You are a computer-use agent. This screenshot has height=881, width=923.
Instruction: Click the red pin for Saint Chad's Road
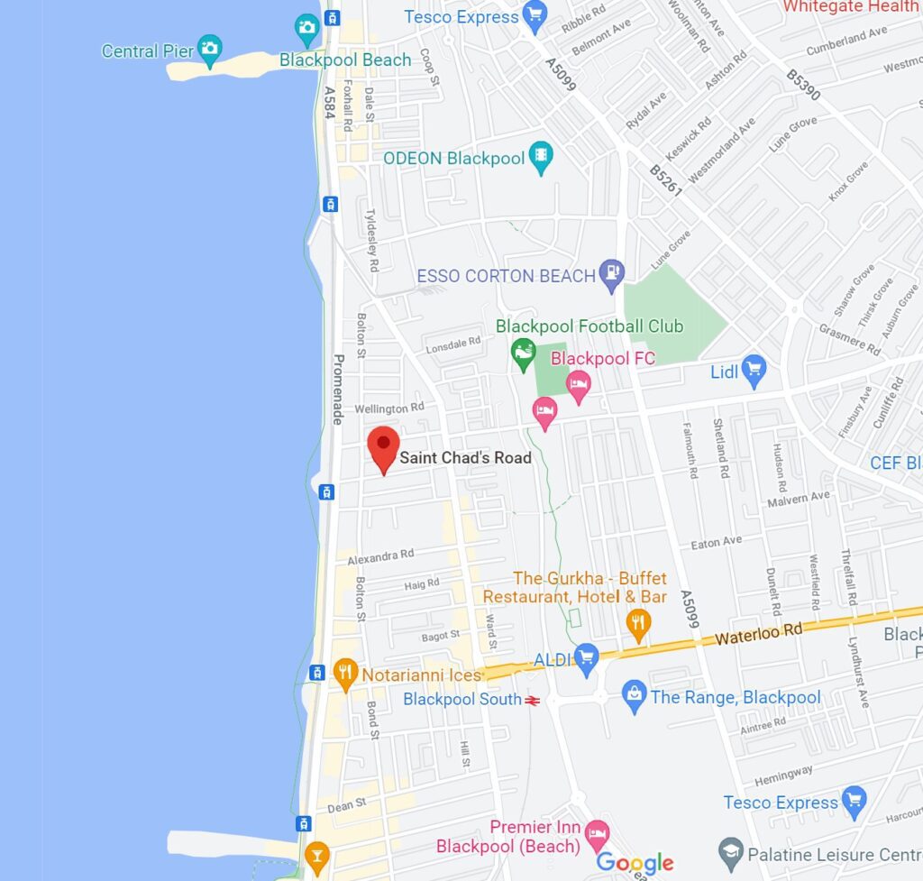(385, 445)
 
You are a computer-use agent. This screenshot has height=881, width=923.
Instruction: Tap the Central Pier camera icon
(209, 49)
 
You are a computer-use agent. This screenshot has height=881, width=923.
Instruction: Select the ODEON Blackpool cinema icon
(540, 157)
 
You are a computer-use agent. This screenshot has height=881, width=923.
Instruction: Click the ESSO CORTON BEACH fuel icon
(612, 274)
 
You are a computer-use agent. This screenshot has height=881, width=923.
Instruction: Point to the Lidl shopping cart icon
(754, 368)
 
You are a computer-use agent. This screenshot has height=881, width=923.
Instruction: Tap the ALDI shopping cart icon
(587, 658)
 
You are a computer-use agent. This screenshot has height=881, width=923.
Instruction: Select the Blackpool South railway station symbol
(533, 700)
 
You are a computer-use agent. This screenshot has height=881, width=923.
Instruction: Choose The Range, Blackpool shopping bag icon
(635, 695)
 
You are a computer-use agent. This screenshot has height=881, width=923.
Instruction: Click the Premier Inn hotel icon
(596, 831)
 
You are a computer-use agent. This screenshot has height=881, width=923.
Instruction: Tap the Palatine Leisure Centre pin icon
(730, 852)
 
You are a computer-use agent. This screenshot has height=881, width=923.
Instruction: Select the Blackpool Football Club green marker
(523, 353)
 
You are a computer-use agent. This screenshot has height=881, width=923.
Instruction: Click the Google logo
(635, 863)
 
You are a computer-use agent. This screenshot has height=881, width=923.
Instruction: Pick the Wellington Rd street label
(389, 408)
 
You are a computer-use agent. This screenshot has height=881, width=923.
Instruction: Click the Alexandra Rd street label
(381, 556)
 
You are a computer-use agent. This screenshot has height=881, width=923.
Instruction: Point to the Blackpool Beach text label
(345, 60)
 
